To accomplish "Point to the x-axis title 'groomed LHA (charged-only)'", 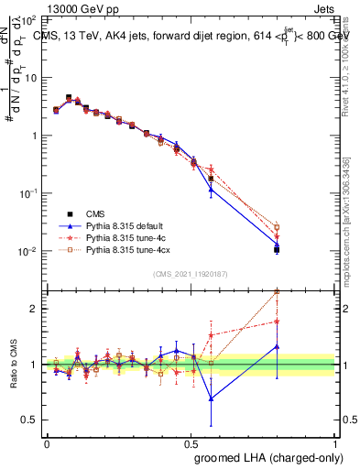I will click(265, 458).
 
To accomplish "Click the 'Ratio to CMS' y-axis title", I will click(15, 364).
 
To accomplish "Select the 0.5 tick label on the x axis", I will click(191, 442).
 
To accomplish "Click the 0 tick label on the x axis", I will click(47, 442).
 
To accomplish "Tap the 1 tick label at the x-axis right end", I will click(335, 442).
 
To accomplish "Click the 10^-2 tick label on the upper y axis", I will click(28, 251).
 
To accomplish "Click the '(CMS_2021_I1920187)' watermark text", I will click(191, 273).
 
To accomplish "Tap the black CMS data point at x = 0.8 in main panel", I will click(277, 248).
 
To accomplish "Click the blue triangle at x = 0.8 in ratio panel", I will click(277, 346).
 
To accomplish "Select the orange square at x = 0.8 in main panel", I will click(277, 227).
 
